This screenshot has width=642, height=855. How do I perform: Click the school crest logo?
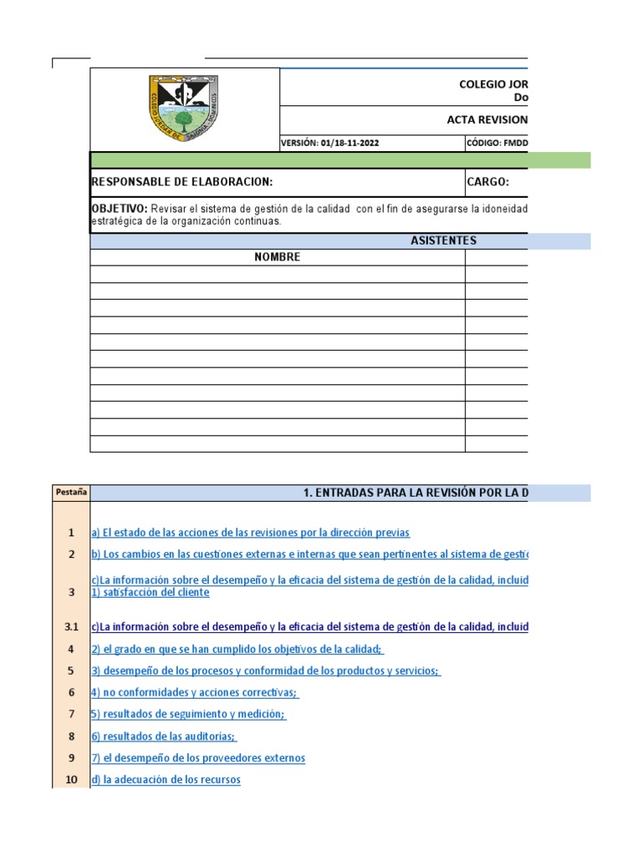tap(185, 109)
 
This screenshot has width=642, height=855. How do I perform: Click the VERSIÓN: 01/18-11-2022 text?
tap(330, 143)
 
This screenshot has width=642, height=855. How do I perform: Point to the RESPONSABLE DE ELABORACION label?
tap(181, 183)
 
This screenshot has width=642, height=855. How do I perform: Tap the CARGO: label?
tap(488, 183)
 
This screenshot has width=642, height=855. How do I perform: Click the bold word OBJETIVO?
tap(119, 208)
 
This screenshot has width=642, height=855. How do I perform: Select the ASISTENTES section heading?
tap(443, 240)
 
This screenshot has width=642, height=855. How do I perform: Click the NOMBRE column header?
tap(277, 257)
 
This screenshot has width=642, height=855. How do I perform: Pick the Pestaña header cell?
tap(71, 493)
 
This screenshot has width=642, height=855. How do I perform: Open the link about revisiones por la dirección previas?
tap(251, 533)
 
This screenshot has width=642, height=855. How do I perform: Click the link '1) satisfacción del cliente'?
tap(150, 593)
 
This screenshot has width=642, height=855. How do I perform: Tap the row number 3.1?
tap(71, 627)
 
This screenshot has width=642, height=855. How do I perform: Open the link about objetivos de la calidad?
tap(237, 649)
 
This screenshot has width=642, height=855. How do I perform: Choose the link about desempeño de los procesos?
tap(266, 670)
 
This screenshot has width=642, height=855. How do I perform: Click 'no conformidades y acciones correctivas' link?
tap(195, 692)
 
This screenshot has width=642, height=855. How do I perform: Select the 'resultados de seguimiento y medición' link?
tap(188, 714)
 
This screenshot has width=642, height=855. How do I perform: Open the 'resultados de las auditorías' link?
tap(164, 736)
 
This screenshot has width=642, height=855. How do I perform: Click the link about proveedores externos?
tap(198, 758)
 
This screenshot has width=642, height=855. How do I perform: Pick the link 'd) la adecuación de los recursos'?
tap(166, 780)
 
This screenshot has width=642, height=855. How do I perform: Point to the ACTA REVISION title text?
tap(487, 119)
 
